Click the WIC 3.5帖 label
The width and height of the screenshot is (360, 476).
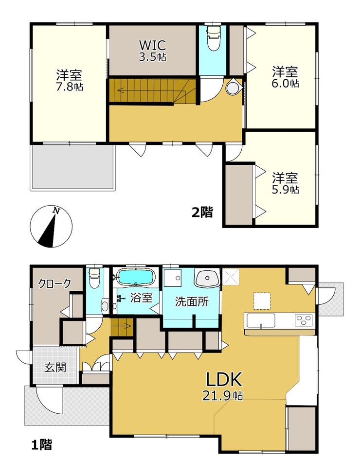click(152, 51)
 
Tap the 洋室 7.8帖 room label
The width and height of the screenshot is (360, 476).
click(69, 80)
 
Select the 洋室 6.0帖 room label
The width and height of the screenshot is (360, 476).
click(285, 77)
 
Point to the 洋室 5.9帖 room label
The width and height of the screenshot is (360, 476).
click(285, 183)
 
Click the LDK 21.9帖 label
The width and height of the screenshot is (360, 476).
click(224, 386)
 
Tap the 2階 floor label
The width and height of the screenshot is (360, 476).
click(202, 212)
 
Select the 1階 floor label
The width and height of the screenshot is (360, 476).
click(42, 445)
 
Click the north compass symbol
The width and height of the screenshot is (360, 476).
click(51, 227)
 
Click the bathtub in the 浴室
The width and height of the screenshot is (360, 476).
click(136, 277)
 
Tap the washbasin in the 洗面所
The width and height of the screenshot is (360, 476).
click(207, 278)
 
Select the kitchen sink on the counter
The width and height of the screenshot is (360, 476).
click(261, 320)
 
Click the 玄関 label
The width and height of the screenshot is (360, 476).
click(55, 368)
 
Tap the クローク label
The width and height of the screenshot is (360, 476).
click(54, 283)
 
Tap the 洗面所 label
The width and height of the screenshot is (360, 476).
click(192, 302)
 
